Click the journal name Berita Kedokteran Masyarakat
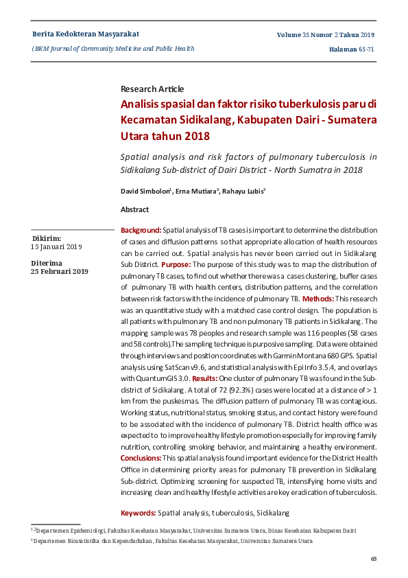pos(86,34)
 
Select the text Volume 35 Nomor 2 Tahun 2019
pos(326,34)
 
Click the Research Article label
pos(152,89)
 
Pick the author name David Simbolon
pos(145,190)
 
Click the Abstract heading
pos(134,209)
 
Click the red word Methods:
pos(318,299)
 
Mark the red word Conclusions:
pos(141,457)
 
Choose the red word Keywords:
pos(138,513)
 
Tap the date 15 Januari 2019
pos(56,246)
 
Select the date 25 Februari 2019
pos(59,271)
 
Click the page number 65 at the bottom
pos(374,559)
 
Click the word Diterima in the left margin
pos(46,263)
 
